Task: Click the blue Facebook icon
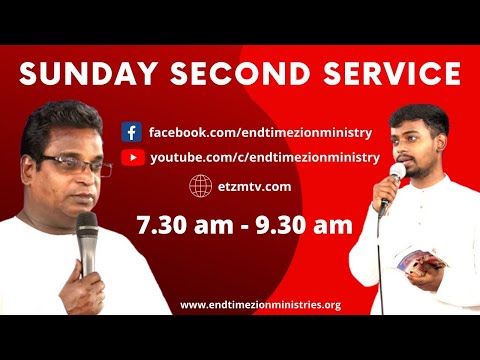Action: pos(131,132)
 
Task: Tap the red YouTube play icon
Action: pos(131,157)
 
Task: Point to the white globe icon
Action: pos(199,185)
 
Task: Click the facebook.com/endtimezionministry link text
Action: pos(260,132)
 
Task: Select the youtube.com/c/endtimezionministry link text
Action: pos(264,157)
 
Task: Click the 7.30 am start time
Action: pos(176,224)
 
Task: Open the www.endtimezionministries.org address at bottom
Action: pos(260,304)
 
